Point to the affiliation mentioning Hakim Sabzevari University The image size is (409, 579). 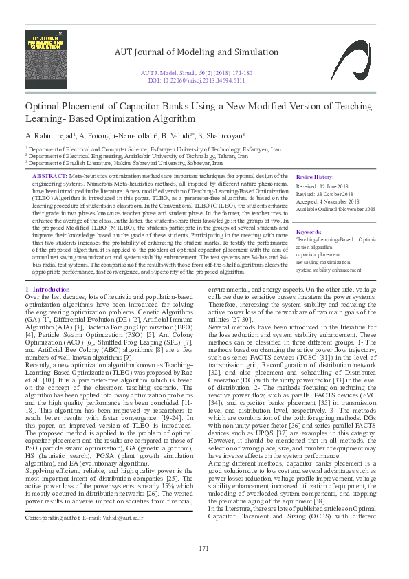point(124,164)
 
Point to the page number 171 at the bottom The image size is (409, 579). point(203,548)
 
